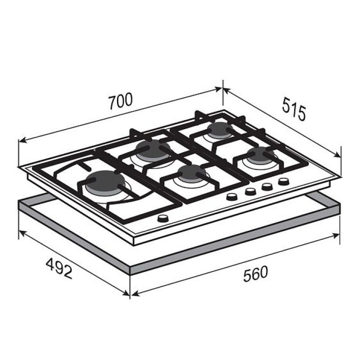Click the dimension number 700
point(121,101)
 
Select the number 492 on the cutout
point(59,268)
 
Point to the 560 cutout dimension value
point(256,274)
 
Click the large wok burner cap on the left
point(105,180)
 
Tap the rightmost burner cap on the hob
point(261,153)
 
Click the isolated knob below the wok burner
point(163,218)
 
